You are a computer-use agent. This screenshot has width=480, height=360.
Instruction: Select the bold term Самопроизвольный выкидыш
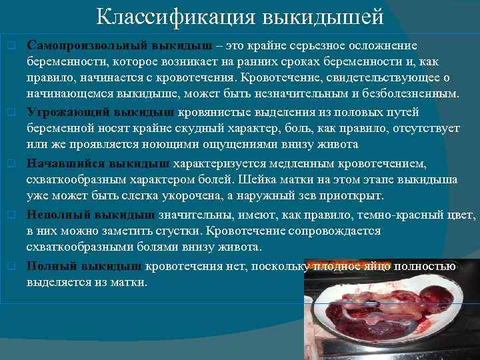[x=120, y=46]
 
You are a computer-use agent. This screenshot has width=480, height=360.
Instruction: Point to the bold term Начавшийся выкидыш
[x=99, y=163]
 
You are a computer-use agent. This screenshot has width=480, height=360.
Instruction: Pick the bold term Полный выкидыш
[x=85, y=266]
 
